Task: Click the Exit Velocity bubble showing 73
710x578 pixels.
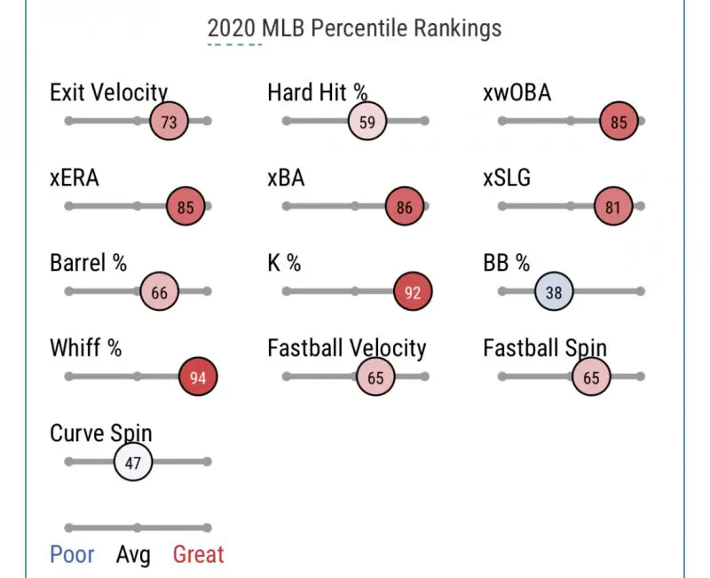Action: pos(169,122)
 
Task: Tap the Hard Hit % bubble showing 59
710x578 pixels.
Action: pos(367,122)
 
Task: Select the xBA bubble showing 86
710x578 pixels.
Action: pos(405,208)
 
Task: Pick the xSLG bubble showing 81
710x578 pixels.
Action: pos(614,208)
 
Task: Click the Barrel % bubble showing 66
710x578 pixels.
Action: pos(160,292)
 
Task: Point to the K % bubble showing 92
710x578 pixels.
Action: pos(413,292)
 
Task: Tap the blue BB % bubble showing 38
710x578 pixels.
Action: pos(555,291)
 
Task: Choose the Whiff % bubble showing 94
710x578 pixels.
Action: pos(198,377)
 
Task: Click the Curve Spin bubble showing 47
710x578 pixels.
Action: pos(133,463)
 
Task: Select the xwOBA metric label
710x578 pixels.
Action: pos(517,92)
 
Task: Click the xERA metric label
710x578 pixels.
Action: pos(75,178)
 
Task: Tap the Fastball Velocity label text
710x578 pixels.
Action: pos(346,349)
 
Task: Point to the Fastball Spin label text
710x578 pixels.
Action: pos(545,349)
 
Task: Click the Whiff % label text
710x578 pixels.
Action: pos(85,349)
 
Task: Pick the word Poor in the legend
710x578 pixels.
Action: pos(73,555)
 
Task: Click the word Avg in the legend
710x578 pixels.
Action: pos(133,555)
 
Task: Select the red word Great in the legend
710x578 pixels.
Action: pos(198,555)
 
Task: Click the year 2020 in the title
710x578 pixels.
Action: pos(233,28)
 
